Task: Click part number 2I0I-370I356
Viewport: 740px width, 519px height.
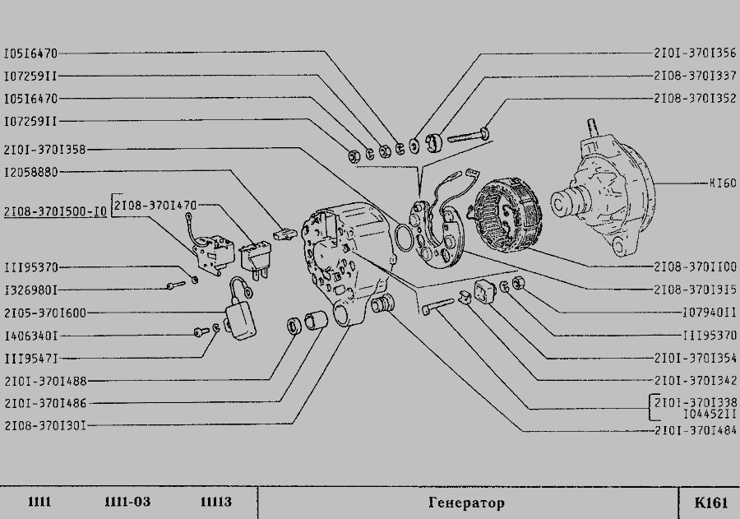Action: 695,53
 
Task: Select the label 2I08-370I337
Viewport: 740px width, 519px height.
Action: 695,76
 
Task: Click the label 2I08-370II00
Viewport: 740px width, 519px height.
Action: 695,267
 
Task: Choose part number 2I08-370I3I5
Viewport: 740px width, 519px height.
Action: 695,290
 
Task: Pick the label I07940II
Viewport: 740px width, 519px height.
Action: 710,313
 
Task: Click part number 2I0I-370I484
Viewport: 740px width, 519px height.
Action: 695,430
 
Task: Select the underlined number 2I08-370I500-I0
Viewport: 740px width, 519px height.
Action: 54,211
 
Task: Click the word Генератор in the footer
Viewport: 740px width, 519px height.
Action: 466,503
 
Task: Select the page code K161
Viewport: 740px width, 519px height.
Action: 710,503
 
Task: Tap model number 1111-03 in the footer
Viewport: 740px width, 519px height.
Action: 127,503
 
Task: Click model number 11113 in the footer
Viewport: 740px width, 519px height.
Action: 215,503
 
